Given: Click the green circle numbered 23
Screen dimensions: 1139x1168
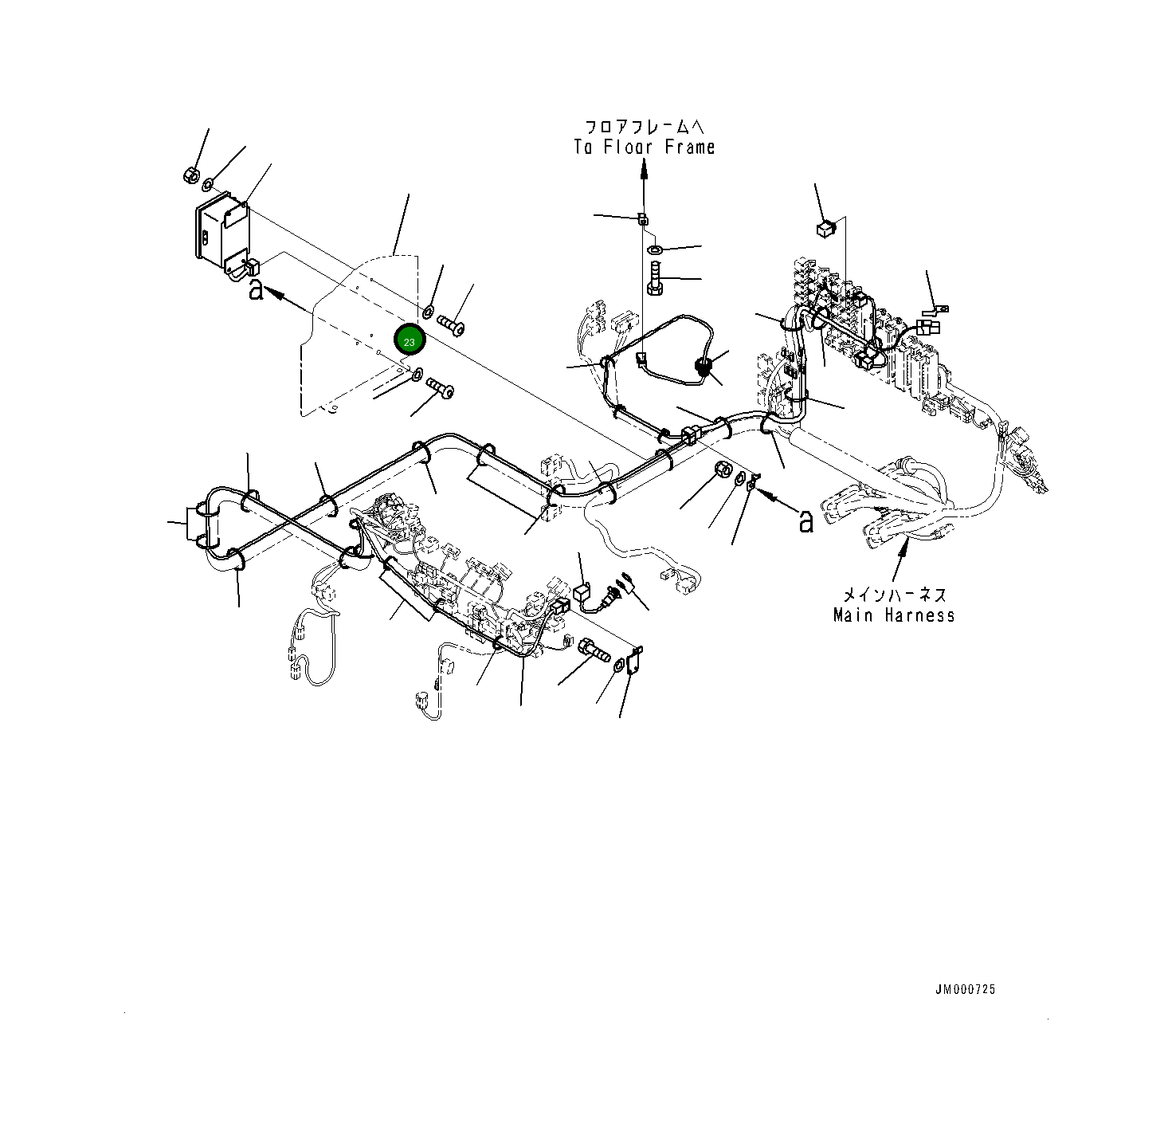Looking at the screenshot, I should [x=410, y=341].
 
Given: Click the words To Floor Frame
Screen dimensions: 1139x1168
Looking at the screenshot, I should [x=644, y=147].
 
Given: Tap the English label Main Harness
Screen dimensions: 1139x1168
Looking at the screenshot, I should [x=894, y=615].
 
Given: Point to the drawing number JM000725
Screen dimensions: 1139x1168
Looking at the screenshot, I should [x=965, y=989].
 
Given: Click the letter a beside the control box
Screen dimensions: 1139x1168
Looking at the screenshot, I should [x=256, y=289].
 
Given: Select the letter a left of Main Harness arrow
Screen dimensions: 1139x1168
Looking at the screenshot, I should [x=806, y=521].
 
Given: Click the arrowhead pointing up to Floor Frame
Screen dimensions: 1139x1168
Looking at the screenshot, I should [x=644, y=167].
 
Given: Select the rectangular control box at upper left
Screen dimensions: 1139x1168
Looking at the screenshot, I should [x=221, y=229].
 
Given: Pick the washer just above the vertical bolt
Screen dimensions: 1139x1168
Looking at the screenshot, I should [x=655, y=251].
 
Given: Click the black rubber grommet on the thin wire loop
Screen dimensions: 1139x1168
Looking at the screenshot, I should [x=704, y=367].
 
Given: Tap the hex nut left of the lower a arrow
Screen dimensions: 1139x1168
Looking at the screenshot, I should [x=722, y=469].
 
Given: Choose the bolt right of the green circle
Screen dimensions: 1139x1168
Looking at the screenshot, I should [x=451, y=324].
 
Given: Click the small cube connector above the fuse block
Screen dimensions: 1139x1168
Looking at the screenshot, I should [x=825, y=229].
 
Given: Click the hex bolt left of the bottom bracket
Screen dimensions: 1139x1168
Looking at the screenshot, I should [x=593, y=650].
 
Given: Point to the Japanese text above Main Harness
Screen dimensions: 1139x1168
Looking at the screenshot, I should [x=894, y=595].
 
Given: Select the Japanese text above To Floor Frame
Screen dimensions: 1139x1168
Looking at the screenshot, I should [x=644, y=128].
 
